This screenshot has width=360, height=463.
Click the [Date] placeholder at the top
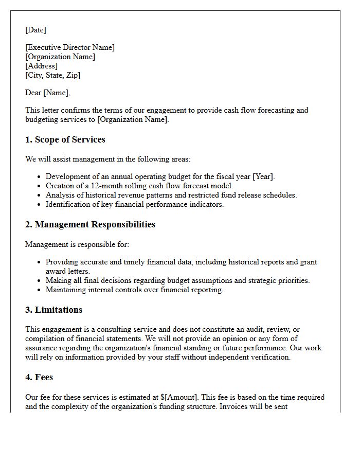click(35, 30)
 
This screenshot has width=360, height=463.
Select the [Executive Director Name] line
click(70, 47)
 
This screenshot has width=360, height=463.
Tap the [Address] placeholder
click(41, 66)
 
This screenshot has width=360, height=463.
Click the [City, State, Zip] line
click(52, 75)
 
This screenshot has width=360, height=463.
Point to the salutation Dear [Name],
click(47, 93)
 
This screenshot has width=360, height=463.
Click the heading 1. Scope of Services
click(65, 139)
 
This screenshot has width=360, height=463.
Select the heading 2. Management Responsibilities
click(90, 224)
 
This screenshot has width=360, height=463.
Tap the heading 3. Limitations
click(53, 310)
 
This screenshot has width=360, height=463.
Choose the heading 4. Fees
click(39, 377)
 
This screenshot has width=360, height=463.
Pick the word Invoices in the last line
click(236, 406)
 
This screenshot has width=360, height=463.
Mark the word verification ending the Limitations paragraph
click(269, 357)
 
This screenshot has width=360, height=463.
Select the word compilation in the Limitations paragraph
click(46, 339)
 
